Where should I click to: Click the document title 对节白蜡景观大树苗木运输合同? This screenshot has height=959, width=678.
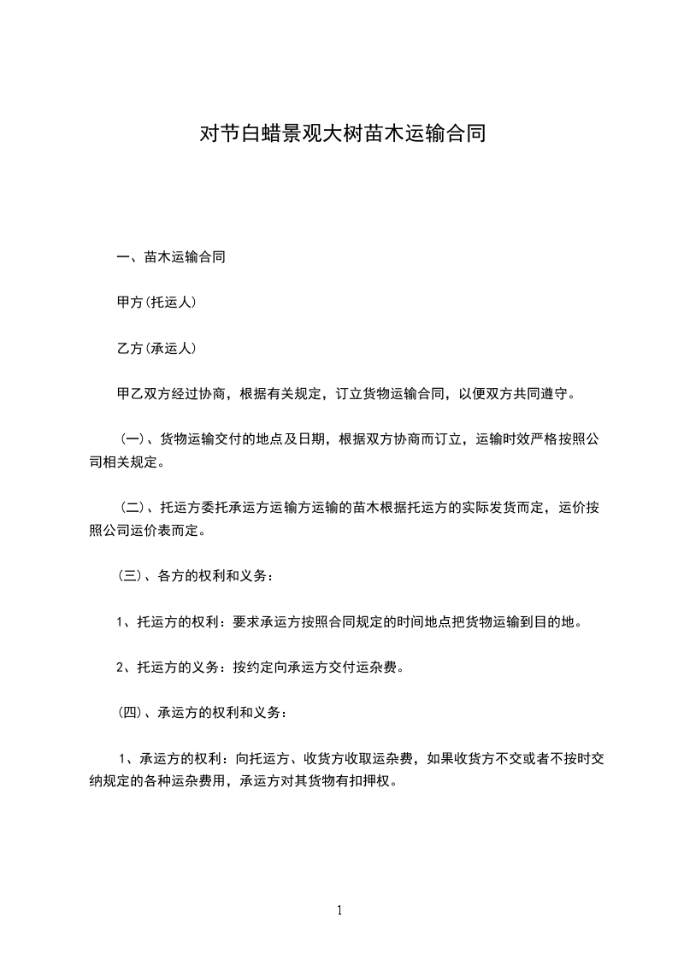coord(342,134)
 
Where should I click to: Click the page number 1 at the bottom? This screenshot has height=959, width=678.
coord(339,910)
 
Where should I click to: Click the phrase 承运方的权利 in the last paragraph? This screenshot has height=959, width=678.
coord(177,757)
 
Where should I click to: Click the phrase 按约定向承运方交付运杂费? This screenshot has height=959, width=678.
coord(316,668)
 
